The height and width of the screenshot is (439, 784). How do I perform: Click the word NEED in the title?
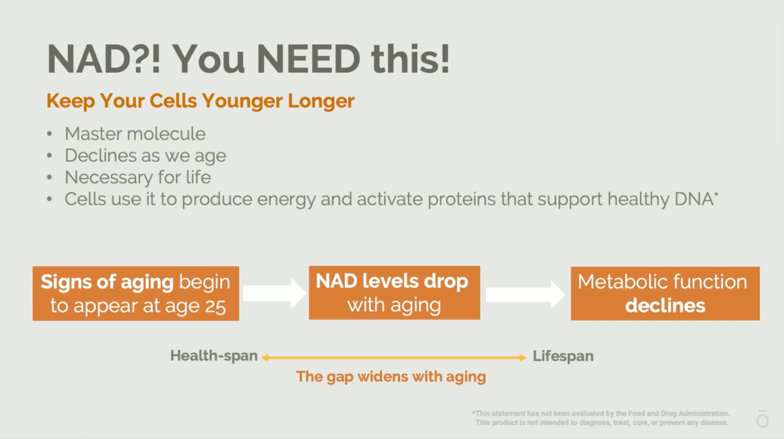tap(309, 59)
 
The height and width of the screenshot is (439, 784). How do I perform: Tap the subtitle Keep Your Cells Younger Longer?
tap(200, 101)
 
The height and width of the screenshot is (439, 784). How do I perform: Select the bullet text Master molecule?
tap(135, 134)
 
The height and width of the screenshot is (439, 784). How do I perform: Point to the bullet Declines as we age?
tap(145, 156)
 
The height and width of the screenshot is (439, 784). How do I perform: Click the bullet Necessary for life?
tap(138, 177)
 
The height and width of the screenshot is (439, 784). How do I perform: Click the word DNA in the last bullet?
tap(694, 199)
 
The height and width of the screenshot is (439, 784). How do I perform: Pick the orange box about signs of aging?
tap(136, 293)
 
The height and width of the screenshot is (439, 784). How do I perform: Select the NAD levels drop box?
tap(394, 293)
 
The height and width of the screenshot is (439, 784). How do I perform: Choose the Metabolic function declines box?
tap(665, 293)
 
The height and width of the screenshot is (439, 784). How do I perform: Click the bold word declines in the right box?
tap(665, 306)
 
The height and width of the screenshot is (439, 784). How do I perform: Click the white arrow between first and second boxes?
tap(274, 293)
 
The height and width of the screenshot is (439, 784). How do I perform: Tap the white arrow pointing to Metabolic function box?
tap(525, 295)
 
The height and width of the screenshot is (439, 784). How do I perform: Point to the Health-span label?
tap(214, 356)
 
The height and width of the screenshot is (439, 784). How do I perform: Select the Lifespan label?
tap(563, 356)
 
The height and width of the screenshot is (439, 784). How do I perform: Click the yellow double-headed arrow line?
tap(394, 358)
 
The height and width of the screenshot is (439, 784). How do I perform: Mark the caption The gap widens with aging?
tap(391, 377)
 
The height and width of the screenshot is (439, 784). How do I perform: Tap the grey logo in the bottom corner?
tap(762, 419)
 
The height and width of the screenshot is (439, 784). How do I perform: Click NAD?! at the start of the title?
tap(103, 59)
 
